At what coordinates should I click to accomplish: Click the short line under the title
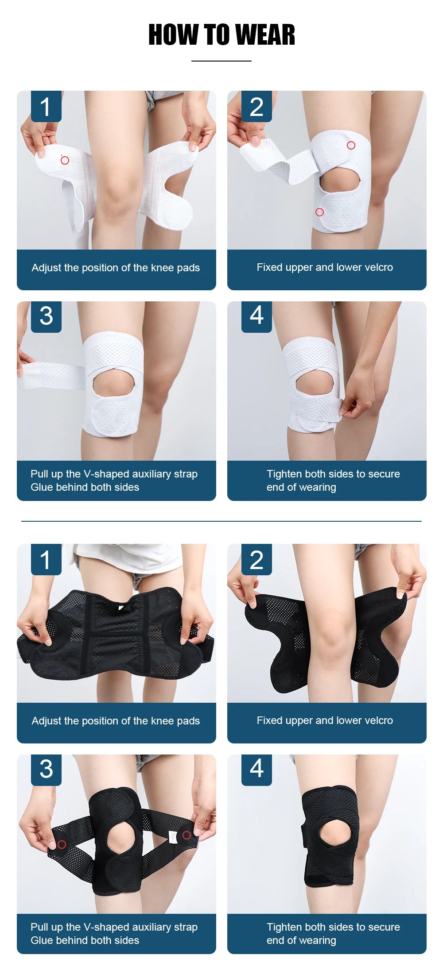click(221, 61)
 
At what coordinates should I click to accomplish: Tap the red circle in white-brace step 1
click(65, 160)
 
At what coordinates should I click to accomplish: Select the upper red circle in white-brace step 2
click(351, 145)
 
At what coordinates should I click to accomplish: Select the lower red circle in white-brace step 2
click(319, 212)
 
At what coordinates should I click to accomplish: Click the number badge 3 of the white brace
click(46, 316)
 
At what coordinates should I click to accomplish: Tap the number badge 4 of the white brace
click(256, 316)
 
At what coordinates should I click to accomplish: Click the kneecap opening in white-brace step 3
click(113, 383)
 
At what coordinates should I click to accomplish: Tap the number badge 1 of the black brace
click(46, 560)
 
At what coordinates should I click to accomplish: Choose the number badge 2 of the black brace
click(256, 560)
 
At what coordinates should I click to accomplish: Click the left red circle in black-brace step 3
click(62, 844)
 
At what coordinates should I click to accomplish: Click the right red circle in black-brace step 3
click(187, 835)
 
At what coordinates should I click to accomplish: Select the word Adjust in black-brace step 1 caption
click(46, 721)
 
